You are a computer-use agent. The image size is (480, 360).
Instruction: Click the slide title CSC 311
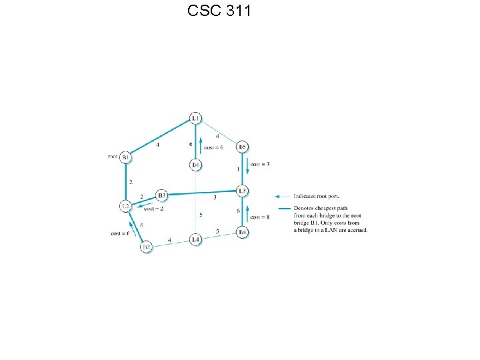click(x=219, y=11)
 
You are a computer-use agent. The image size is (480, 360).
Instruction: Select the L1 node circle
click(x=195, y=119)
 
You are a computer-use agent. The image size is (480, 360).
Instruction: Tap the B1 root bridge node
click(x=125, y=157)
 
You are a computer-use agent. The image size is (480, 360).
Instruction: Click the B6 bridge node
click(x=195, y=165)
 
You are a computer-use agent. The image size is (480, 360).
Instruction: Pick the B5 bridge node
click(x=243, y=147)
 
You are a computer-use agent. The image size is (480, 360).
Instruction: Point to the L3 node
click(x=243, y=191)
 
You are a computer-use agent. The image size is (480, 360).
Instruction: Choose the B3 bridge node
click(x=161, y=195)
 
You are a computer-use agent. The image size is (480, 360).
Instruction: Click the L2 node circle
click(x=125, y=206)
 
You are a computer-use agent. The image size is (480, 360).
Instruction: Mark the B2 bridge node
click(x=147, y=247)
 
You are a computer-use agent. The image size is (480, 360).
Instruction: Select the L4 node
click(x=195, y=239)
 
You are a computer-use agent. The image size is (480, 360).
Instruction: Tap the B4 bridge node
click(x=243, y=232)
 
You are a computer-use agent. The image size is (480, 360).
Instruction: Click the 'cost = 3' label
click(x=260, y=165)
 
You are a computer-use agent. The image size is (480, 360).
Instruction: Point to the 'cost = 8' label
click(x=260, y=217)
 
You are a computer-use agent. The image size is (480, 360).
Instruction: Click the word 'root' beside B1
click(x=113, y=157)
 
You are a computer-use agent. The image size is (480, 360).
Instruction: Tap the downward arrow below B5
click(x=248, y=165)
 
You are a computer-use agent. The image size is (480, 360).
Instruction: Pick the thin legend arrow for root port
click(x=283, y=196)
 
